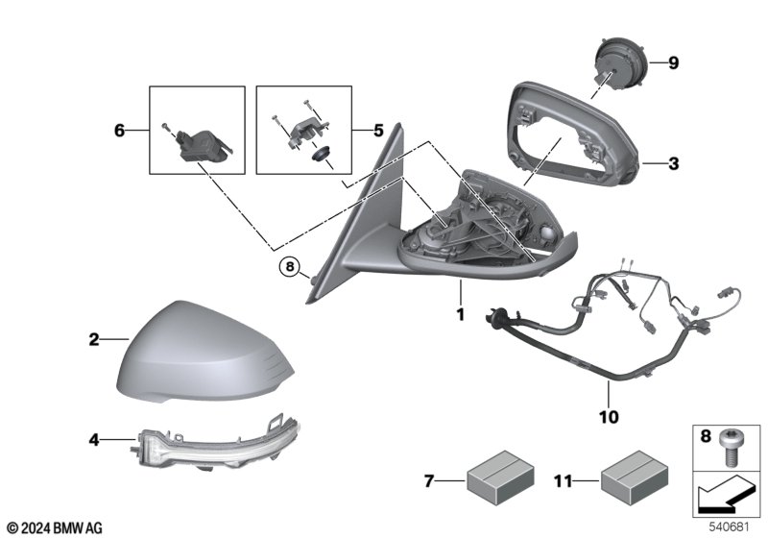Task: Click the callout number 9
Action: coord(673,63)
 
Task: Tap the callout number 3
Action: coord(673,164)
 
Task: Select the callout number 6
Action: coord(120,130)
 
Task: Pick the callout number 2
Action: coord(94,338)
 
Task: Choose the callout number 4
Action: coord(94,441)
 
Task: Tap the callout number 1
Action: coord(460,314)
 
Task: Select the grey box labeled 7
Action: coord(493,477)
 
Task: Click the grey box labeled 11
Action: coord(629,477)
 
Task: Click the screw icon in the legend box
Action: coord(734,444)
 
